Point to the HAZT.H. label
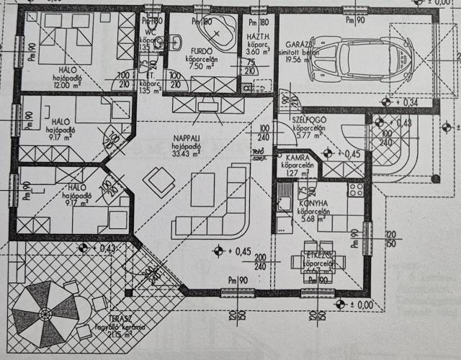[258, 37]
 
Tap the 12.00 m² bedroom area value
[64, 85]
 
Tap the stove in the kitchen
[354, 189]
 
